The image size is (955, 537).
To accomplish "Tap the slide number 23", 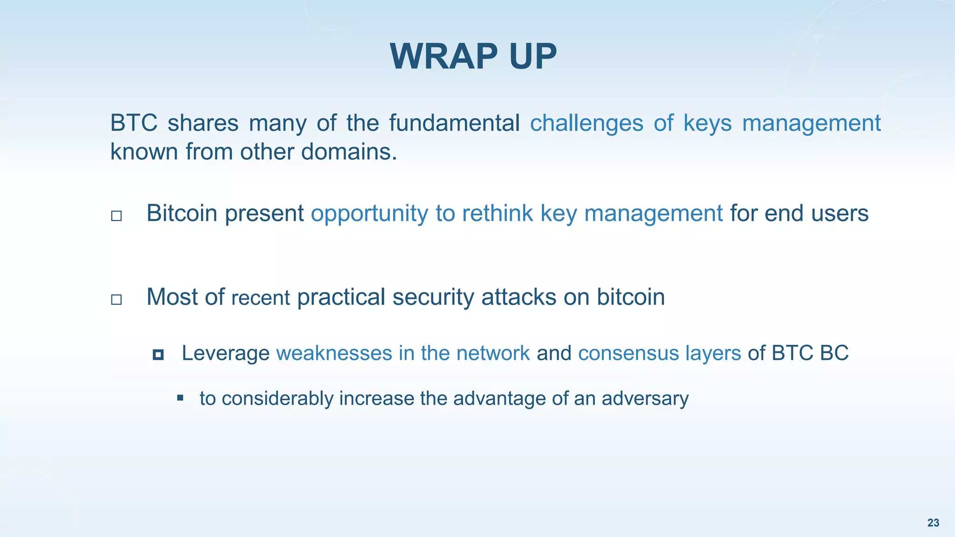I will [933, 523].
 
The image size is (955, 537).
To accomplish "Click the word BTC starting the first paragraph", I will [133, 123].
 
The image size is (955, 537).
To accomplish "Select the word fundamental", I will [454, 123].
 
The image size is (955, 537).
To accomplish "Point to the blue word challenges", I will [587, 123].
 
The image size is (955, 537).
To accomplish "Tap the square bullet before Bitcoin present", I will [117, 215].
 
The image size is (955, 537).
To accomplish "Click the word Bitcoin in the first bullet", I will [182, 213].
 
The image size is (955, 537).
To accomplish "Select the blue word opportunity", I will [369, 213].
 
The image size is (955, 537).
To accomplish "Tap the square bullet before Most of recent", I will [117, 299].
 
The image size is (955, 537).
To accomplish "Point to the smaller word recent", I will [261, 298].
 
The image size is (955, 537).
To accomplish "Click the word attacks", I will [519, 297].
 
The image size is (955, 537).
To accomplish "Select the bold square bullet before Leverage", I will [158, 355].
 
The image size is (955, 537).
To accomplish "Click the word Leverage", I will [225, 353].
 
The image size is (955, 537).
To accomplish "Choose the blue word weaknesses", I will [334, 353].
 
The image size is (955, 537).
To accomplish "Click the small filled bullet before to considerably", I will [180, 398].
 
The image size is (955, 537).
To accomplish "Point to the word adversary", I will [645, 399].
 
